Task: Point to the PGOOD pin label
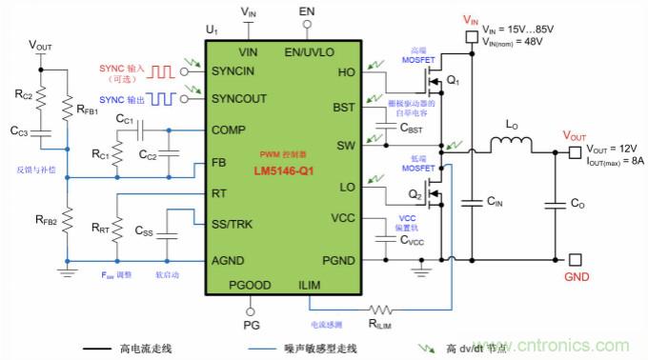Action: coord(250,285)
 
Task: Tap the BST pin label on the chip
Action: coord(344,108)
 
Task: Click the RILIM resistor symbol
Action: coord(382,310)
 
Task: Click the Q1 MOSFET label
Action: coord(452,81)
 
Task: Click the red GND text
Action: coord(577,277)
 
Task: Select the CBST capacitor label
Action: coord(413,127)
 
